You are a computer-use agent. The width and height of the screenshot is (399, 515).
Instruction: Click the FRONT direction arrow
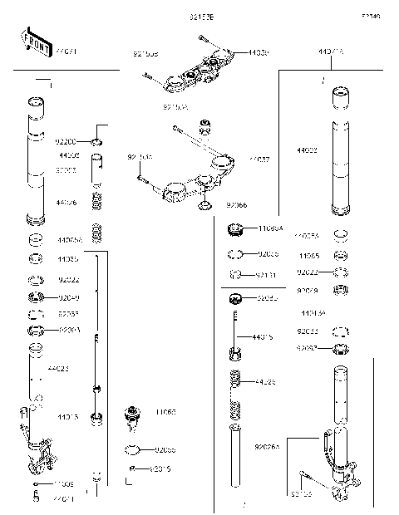pyautogui.click(x=32, y=44)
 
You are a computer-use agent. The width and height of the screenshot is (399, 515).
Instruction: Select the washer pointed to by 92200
pyautogui.click(x=97, y=143)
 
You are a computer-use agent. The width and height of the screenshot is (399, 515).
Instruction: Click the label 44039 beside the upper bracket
pyautogui.click(x=257, y=53)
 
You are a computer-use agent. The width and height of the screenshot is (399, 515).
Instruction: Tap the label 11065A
pyautogui.click(x=272, y=227)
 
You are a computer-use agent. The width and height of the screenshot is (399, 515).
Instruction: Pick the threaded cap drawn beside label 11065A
pyautogui.click(x=236, y=228)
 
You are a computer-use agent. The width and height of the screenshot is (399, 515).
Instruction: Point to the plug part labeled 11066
pyautogui.click(x=131, y=414)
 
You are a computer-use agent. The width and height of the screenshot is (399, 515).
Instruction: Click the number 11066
pyautogui.click(x=165, y=412)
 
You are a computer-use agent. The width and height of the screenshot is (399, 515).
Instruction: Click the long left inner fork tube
pyautogui.click(x=35, y=162)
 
